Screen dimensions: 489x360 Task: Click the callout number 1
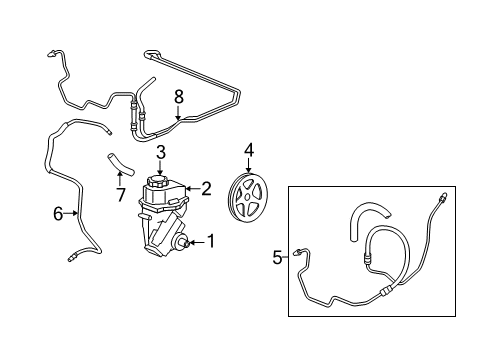pos(211,241)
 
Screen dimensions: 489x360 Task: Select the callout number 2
pos(206,186)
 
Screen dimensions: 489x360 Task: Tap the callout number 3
pos(161,153)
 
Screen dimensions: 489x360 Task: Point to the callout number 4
pos(249,152)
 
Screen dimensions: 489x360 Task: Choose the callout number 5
pos(278,257)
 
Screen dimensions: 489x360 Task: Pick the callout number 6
pos(59,212)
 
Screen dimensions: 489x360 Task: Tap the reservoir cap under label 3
pos(161,183)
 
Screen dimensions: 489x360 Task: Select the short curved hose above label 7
pos(113,160)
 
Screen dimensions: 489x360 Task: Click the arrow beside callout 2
pos(194,187)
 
